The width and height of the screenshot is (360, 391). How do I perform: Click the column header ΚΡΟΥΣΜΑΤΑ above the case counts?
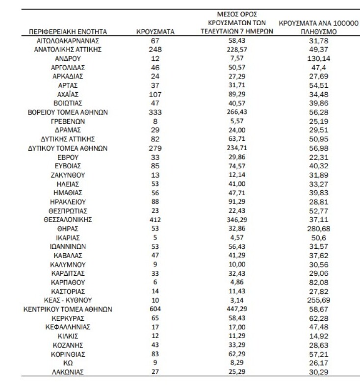(x=155, y=32)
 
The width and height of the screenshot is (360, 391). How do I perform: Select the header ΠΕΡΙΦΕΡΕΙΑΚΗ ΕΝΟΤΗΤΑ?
(x=68, y=32)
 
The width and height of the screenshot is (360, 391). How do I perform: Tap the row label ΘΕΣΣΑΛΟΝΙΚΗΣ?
(x=68, y=219)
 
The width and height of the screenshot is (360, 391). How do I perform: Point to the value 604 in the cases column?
(x=155, y=309)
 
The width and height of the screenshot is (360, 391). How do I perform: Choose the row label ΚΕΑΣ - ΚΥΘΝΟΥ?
(x=68, y=300)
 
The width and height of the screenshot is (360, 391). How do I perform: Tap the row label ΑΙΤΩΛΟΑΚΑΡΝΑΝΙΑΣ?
(x=68, y=41)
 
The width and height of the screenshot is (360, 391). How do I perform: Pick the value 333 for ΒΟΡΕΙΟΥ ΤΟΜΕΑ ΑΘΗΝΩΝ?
(x=155, y=112)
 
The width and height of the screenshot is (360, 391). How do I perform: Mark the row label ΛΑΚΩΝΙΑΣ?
(x=68, y=372)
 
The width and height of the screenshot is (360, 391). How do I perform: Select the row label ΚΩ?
(x=68, y=363)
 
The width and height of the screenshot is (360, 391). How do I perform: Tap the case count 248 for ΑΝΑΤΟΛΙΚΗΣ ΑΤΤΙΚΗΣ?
(x=155, y=50)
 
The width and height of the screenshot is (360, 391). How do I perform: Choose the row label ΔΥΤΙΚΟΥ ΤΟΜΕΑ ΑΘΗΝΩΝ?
(x=68, y=148)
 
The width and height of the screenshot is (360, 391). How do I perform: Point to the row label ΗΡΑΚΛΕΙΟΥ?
(x=68, y=202)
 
